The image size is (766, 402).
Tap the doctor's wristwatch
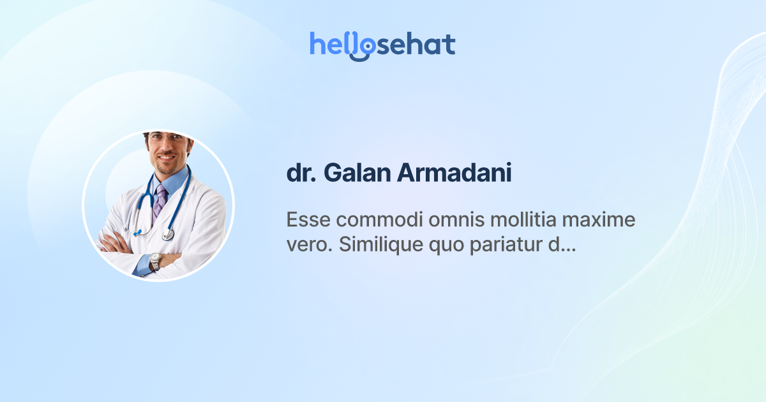[154, 261]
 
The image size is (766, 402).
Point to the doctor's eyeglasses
[167, 138]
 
